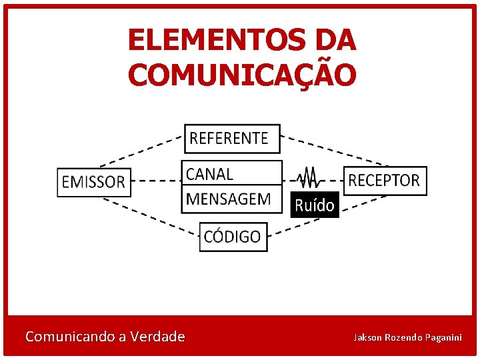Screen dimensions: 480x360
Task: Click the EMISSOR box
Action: tap(94, 181)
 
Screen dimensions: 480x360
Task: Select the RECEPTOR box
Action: tap(385, 180)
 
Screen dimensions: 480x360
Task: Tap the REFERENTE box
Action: tap(232, 138)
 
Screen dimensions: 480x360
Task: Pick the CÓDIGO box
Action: tap(233, 237)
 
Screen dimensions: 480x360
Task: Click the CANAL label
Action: tap(210, 174)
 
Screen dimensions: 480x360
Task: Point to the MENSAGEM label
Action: tap(229, 198)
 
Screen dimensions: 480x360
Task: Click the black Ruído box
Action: tap(315, 205)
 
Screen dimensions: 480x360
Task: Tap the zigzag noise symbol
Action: tap(308, 178)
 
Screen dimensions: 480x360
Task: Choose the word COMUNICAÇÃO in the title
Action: tap(242, 74)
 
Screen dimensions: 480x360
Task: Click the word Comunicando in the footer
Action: tap(69, 337)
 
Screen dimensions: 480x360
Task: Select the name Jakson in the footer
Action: tap(367, 337)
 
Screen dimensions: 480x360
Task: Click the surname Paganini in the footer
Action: tap(441, 337)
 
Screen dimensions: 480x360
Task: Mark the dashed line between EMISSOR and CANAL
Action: tap(157, 180)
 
